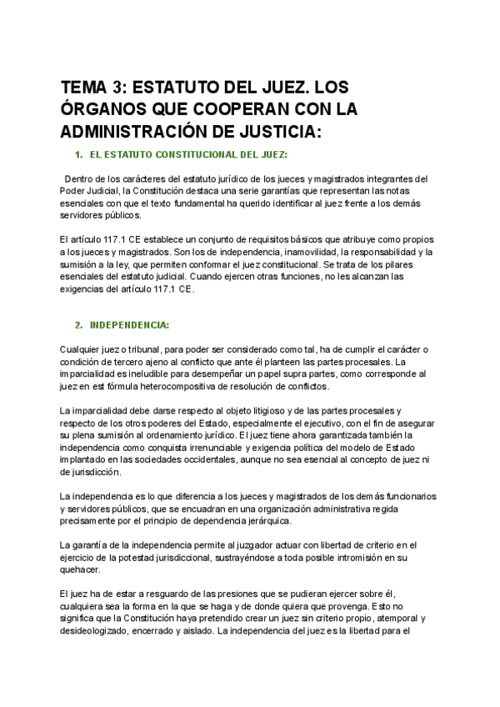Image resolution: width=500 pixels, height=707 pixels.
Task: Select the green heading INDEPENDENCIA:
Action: coord(129,323)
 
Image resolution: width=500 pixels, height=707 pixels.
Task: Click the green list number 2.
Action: coord(78,323)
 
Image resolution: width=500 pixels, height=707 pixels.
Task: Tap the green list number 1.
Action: coord(78,155)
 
